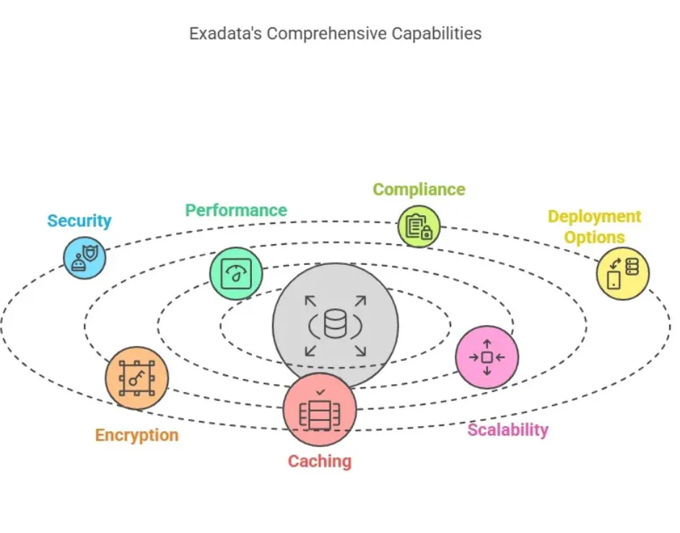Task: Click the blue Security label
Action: [x=79, y=221]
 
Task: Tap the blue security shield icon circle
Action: [x=84, y=257]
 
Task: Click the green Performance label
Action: [x=236, y=210]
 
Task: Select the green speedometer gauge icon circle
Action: [x=236, y=274]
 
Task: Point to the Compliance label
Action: [x=419, y=189]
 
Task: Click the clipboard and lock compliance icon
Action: [x=419, y=227]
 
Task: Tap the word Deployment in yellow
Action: [x=594, y=217]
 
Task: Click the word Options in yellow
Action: [x=594, y=237]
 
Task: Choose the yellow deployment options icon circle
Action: [x=622, y=273]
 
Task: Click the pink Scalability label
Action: [x=507, y=430]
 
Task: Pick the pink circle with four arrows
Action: [x=487, y=357]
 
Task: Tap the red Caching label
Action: [x=320, y=461]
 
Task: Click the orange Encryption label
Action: [x=136, y=435]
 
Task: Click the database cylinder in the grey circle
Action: [x=335, y=324]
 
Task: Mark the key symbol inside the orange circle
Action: [x=137, y=377]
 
